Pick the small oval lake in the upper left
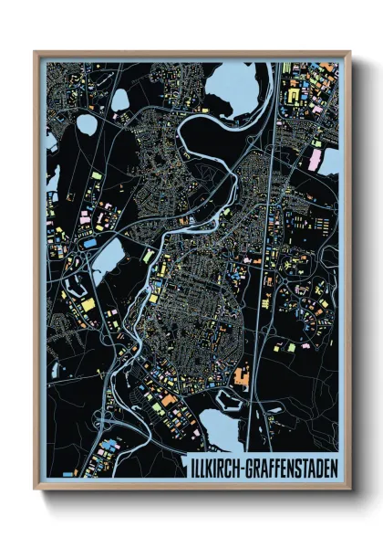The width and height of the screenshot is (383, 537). click(x=88, y=124)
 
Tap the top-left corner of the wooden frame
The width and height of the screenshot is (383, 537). click(x=36, y=52)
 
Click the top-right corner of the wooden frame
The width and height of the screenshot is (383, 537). click(x=348, y=52)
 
